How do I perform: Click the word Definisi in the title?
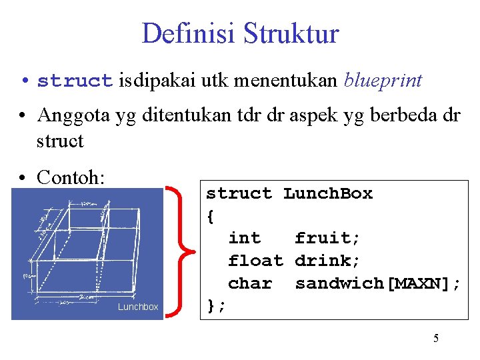(x=188, y=33)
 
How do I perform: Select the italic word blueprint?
(x=383, y=81)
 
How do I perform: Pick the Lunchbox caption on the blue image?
(x=138, y=307)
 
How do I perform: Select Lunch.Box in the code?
(x=327, y=193)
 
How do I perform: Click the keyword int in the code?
(x=244, y=238)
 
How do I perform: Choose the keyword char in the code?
(x=250, y=283)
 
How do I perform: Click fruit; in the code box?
(x=327, y=238)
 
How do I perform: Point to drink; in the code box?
(x=327, y=261)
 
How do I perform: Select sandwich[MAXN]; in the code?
(x=377, y=283)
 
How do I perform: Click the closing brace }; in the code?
(x=216, y=306)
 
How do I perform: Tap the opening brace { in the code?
(x=211, y=216)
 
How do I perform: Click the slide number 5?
(x=436, y=339)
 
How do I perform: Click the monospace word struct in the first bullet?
(x=75, y=81)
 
